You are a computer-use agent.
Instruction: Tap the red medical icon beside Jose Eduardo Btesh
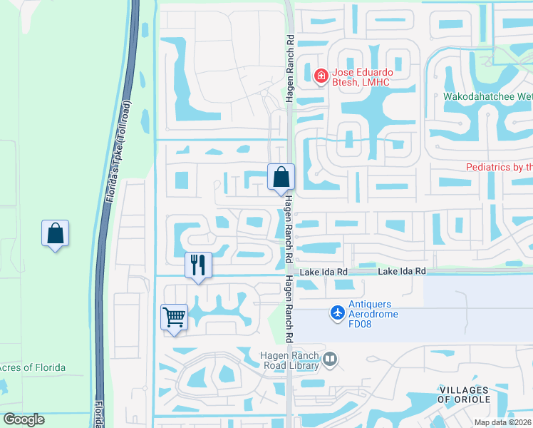(x=321, y=73)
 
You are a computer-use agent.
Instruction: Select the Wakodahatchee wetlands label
(x=487, y=96)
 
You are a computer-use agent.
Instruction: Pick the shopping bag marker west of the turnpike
(x=55, y=233)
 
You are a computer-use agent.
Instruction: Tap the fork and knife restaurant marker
(x=198, y=265)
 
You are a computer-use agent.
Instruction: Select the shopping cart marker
(x=175, y=317)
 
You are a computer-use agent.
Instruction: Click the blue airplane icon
(x=338, y=312)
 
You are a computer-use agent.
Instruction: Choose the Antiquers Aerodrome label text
(x=373, y=303)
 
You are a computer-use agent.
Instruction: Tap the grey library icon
(x=329, y=360)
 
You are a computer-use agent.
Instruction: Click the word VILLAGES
(x=463, y=389)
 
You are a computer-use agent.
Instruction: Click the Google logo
(x=24, y=419)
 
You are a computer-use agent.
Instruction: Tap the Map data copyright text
(x=502, y=422)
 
